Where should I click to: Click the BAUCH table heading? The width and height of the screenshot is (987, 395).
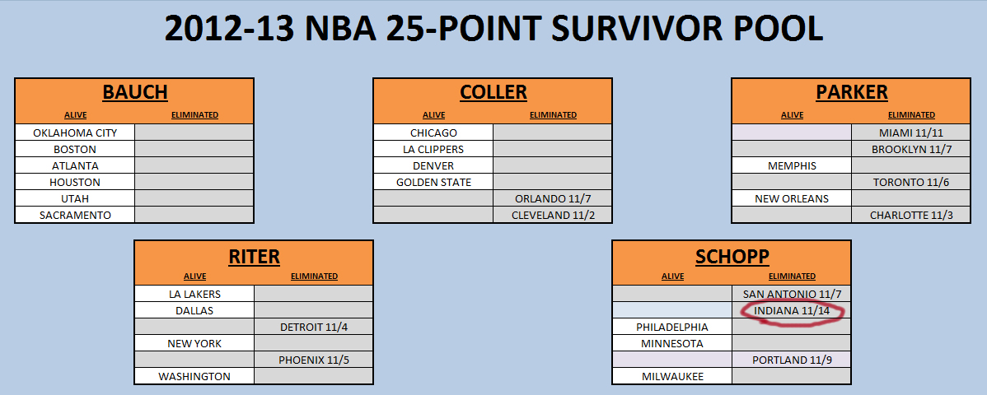135,92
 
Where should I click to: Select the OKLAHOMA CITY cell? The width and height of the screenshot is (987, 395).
75,132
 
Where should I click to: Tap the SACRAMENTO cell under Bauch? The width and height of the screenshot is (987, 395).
75,215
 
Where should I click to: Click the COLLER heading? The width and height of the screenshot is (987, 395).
493,92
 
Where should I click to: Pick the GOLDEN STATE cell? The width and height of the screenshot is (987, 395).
433,183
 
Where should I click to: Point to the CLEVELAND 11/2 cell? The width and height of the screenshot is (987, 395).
552,215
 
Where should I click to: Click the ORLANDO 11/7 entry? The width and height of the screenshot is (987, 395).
552,199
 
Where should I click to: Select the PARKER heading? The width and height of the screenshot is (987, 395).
852,92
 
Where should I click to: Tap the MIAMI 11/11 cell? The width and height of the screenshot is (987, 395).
911,132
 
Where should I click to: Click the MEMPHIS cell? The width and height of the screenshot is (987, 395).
792,166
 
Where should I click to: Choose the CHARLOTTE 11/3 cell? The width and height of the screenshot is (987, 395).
911,215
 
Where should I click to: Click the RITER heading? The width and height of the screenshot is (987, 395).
254,256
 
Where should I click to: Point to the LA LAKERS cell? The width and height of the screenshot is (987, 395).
194,294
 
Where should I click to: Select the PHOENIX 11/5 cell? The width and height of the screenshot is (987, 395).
313,360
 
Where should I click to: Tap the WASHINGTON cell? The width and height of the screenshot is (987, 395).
194,377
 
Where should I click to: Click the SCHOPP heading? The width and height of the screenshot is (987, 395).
732,256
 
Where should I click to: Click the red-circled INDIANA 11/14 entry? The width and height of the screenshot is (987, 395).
792,311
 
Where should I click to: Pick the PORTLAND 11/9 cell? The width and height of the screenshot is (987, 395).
792,360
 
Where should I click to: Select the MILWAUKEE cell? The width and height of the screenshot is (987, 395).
673,377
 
